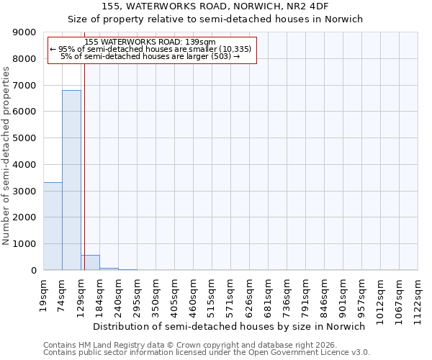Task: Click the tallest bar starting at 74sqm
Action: (71, 180)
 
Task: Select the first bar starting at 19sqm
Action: (53, 226)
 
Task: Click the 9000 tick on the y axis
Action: (26, 32)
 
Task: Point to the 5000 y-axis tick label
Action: (26, 138)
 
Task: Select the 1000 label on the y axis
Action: (26, 244)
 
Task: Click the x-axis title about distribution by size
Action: (230, 326)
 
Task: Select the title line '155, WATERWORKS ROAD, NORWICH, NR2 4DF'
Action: (215, 6)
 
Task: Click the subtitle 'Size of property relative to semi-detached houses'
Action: (215, 19)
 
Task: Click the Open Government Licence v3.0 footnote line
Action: (207, 353)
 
